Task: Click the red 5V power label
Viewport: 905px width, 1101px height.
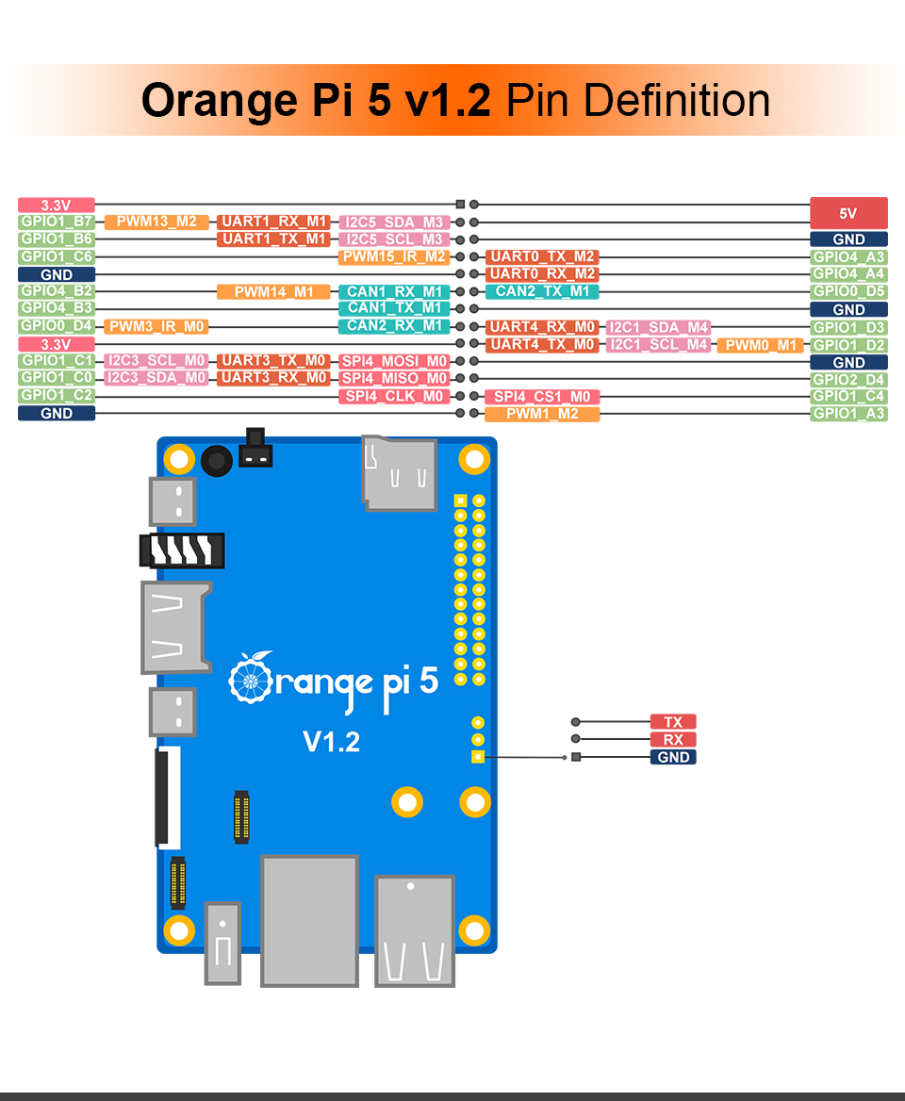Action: (848, 213)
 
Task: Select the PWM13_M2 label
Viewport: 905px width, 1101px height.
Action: (156, 222)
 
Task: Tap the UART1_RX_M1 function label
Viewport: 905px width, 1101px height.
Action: (273, 222)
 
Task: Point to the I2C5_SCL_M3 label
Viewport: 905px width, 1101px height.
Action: (394, 239)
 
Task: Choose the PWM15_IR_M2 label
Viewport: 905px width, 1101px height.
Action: (394, 257)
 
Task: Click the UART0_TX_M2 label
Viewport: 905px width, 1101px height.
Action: (542, 257)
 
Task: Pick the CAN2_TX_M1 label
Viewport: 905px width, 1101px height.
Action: (542, 291)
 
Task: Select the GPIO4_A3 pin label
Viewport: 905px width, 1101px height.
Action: (848, 257)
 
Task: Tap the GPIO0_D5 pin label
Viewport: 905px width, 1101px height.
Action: (848, 292)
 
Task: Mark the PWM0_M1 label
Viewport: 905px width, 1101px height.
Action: (760, 345)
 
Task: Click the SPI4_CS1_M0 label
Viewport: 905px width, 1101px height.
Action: (542, 397)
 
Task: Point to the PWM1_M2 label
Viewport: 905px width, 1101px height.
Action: (542, 414)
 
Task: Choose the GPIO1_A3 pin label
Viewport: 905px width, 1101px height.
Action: (848, 414)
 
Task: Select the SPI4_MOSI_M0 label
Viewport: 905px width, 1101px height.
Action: (394, 362)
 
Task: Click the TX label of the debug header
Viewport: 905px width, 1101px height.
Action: (673, 722)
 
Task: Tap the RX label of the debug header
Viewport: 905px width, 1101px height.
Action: (673, 740)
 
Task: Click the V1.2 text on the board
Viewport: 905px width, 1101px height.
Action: (332, 742)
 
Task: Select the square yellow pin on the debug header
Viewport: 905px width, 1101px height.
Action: (478, 757)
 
